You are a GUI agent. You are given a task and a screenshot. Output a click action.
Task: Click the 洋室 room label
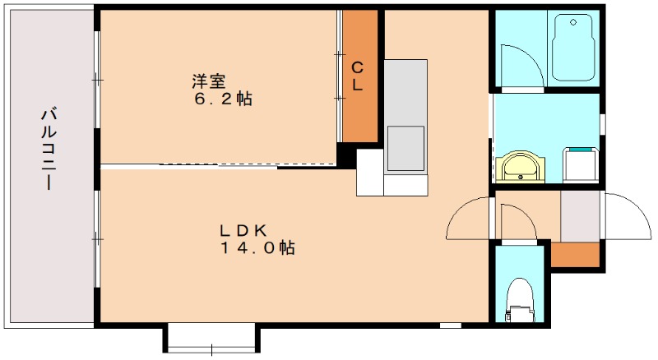tap(210, 81)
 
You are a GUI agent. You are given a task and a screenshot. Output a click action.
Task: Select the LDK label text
tap(244, 231)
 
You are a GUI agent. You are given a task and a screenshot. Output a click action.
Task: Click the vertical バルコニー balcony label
tap(49, 148)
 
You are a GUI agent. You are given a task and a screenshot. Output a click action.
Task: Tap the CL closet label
tap(359, 76)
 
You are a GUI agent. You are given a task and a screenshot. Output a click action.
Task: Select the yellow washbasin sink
tap(519, 167)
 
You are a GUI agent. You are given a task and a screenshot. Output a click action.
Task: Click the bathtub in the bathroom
tap(574, 48)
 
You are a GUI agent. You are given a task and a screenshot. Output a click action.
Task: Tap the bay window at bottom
tap(212, 337)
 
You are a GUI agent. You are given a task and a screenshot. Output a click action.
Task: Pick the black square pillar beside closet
tap(346, 154)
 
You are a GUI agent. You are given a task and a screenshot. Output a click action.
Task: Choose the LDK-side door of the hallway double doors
tap(467, 218)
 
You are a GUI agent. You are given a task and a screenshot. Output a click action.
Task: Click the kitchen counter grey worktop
tap(405, 90)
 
